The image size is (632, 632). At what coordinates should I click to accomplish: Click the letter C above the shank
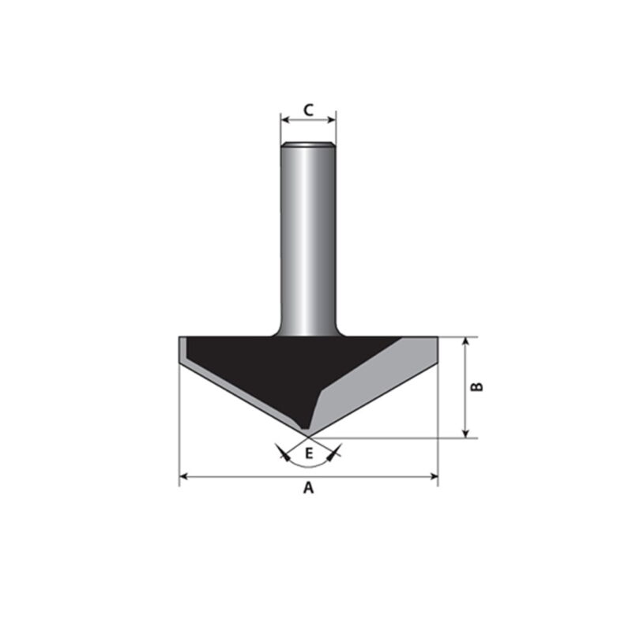click(x=308, y=110)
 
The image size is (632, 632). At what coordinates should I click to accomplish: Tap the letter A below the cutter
click(x=308, y=488)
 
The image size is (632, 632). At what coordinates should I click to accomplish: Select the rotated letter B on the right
click(x=477, y=386)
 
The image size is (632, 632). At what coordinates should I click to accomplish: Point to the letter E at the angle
click(x=309, y=453)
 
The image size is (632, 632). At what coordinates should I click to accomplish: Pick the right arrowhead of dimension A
click(x=434, y=477)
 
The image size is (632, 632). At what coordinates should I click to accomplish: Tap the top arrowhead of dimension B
click(x=466, y=342)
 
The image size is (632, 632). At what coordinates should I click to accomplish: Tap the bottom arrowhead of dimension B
click(x=466, y=433)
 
